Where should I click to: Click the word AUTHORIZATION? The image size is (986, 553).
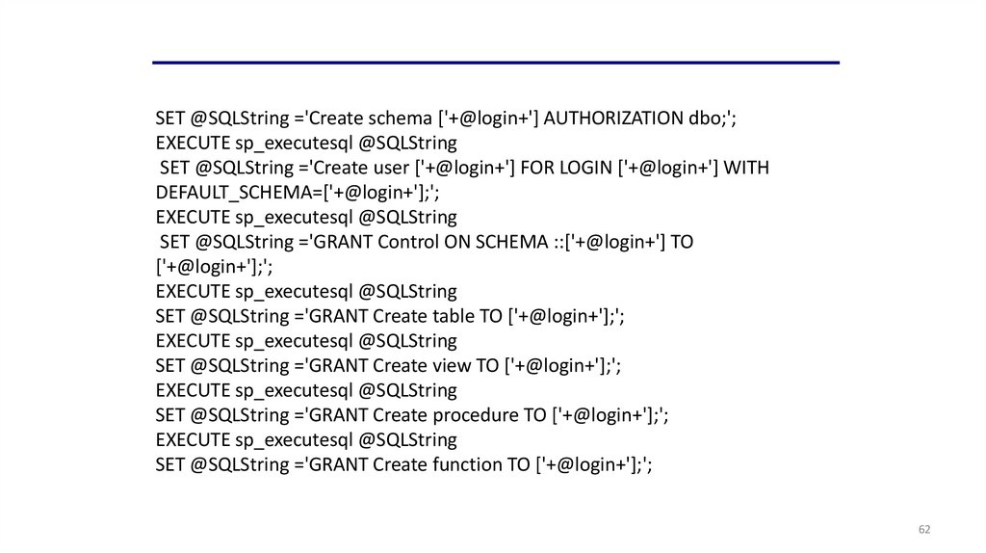click(x=612, y=118)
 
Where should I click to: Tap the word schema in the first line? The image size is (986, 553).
click(x=402, y=118)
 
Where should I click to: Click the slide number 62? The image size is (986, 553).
click(x=924, y=530)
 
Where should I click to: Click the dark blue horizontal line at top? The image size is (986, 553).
click(x=495, y=63)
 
